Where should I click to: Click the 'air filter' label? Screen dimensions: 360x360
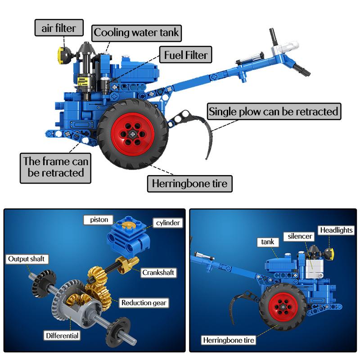coord(59,28)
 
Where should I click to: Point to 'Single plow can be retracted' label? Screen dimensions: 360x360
coord(273,111)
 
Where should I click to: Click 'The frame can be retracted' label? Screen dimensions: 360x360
coord(55,167)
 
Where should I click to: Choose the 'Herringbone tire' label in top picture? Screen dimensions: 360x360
coord(189,184)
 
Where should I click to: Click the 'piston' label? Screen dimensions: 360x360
coord(99,220)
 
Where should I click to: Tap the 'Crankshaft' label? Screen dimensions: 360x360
coord(158,272)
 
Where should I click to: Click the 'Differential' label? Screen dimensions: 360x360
coord(62,335)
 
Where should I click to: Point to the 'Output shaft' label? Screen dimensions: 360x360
coord(27,259)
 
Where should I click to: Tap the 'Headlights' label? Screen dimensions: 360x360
coord(336,230)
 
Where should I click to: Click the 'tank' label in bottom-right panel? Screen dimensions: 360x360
coord(268,242)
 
